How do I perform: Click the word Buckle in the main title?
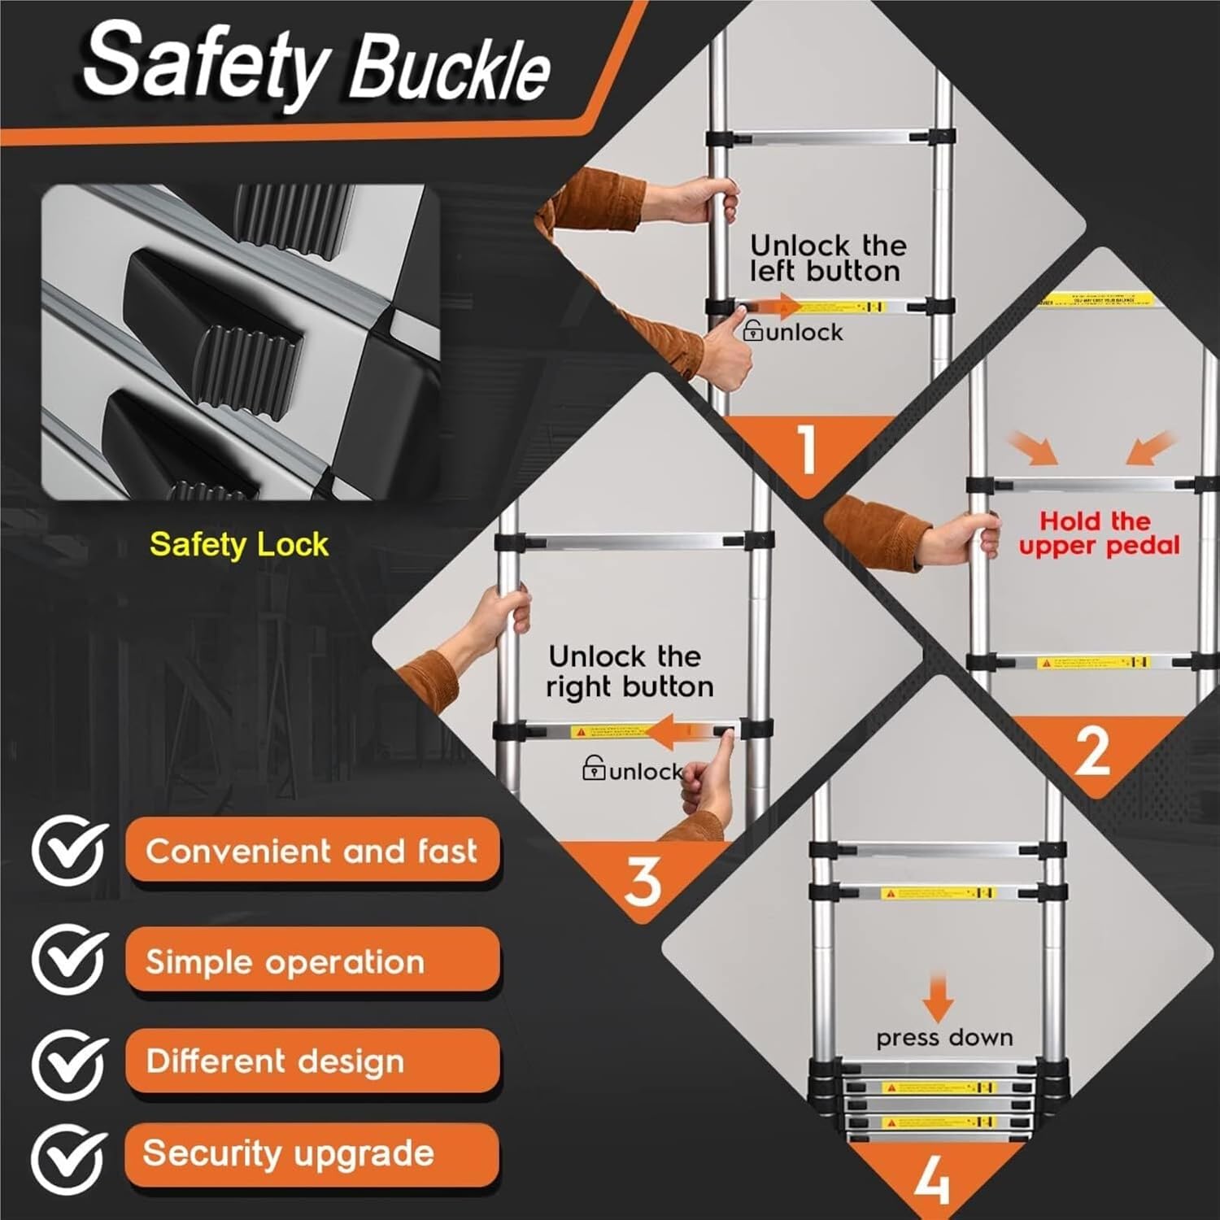tap(450, 70)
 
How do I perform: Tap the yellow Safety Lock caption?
tap(238, 544)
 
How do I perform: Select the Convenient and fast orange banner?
tap(312, 851)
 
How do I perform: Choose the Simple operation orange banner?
tap(312, 961)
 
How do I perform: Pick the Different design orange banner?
tap(312, 1061)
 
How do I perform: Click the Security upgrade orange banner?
tap(312, 1153)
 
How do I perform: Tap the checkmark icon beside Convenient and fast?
tap(70, 851)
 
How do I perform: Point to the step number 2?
tap(1091, 752)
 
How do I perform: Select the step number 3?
tap(643, 880)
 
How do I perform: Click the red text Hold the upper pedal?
tap(1098, 533)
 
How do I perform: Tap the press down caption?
tap(944, 1038)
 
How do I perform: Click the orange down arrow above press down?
tap(938, 996)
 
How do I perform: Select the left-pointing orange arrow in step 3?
tap(682, 732)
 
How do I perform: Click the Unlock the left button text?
tap(827, 258)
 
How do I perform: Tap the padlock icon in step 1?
tap(753, 330)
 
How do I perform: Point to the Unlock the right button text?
tap(629, 671)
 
